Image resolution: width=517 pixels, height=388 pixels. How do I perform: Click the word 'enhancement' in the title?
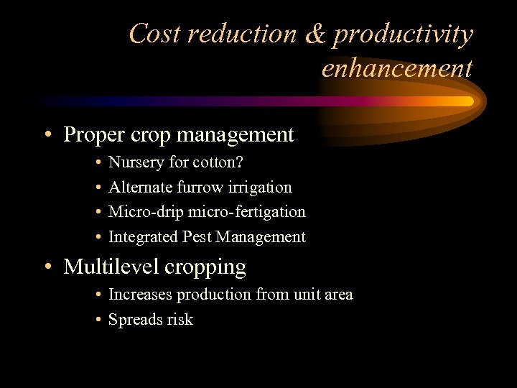(397, 68)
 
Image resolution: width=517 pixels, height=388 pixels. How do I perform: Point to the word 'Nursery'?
(136, 162)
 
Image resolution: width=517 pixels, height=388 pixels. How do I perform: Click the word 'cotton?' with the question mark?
(218, 162)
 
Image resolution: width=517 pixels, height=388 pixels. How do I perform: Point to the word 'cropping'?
(207, 268)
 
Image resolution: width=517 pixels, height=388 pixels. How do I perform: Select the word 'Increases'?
(140, 295)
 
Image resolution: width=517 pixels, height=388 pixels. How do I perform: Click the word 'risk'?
(180, 320)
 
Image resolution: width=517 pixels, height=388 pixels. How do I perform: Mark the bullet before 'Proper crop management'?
(47, 135)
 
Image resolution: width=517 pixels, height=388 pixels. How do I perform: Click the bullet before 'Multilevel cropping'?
(47, 267)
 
